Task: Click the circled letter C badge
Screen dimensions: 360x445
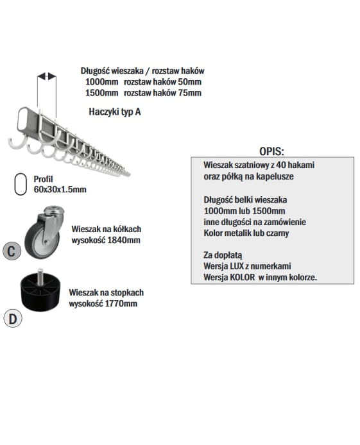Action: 12,251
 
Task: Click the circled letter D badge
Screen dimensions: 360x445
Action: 13,319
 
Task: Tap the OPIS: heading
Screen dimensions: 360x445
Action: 271,151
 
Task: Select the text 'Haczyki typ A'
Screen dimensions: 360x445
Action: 115,112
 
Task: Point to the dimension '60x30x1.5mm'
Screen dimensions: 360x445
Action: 60,189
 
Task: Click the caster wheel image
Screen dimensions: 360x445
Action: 44,232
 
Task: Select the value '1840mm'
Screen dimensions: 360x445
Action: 123,240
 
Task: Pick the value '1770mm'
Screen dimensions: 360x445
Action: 121,303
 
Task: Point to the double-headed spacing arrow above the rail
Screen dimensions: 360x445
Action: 47,76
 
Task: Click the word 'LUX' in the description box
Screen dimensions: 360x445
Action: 237,266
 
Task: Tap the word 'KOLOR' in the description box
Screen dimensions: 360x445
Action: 242,277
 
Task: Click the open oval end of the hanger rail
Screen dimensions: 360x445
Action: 22,119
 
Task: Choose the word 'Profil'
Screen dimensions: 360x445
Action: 43,179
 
